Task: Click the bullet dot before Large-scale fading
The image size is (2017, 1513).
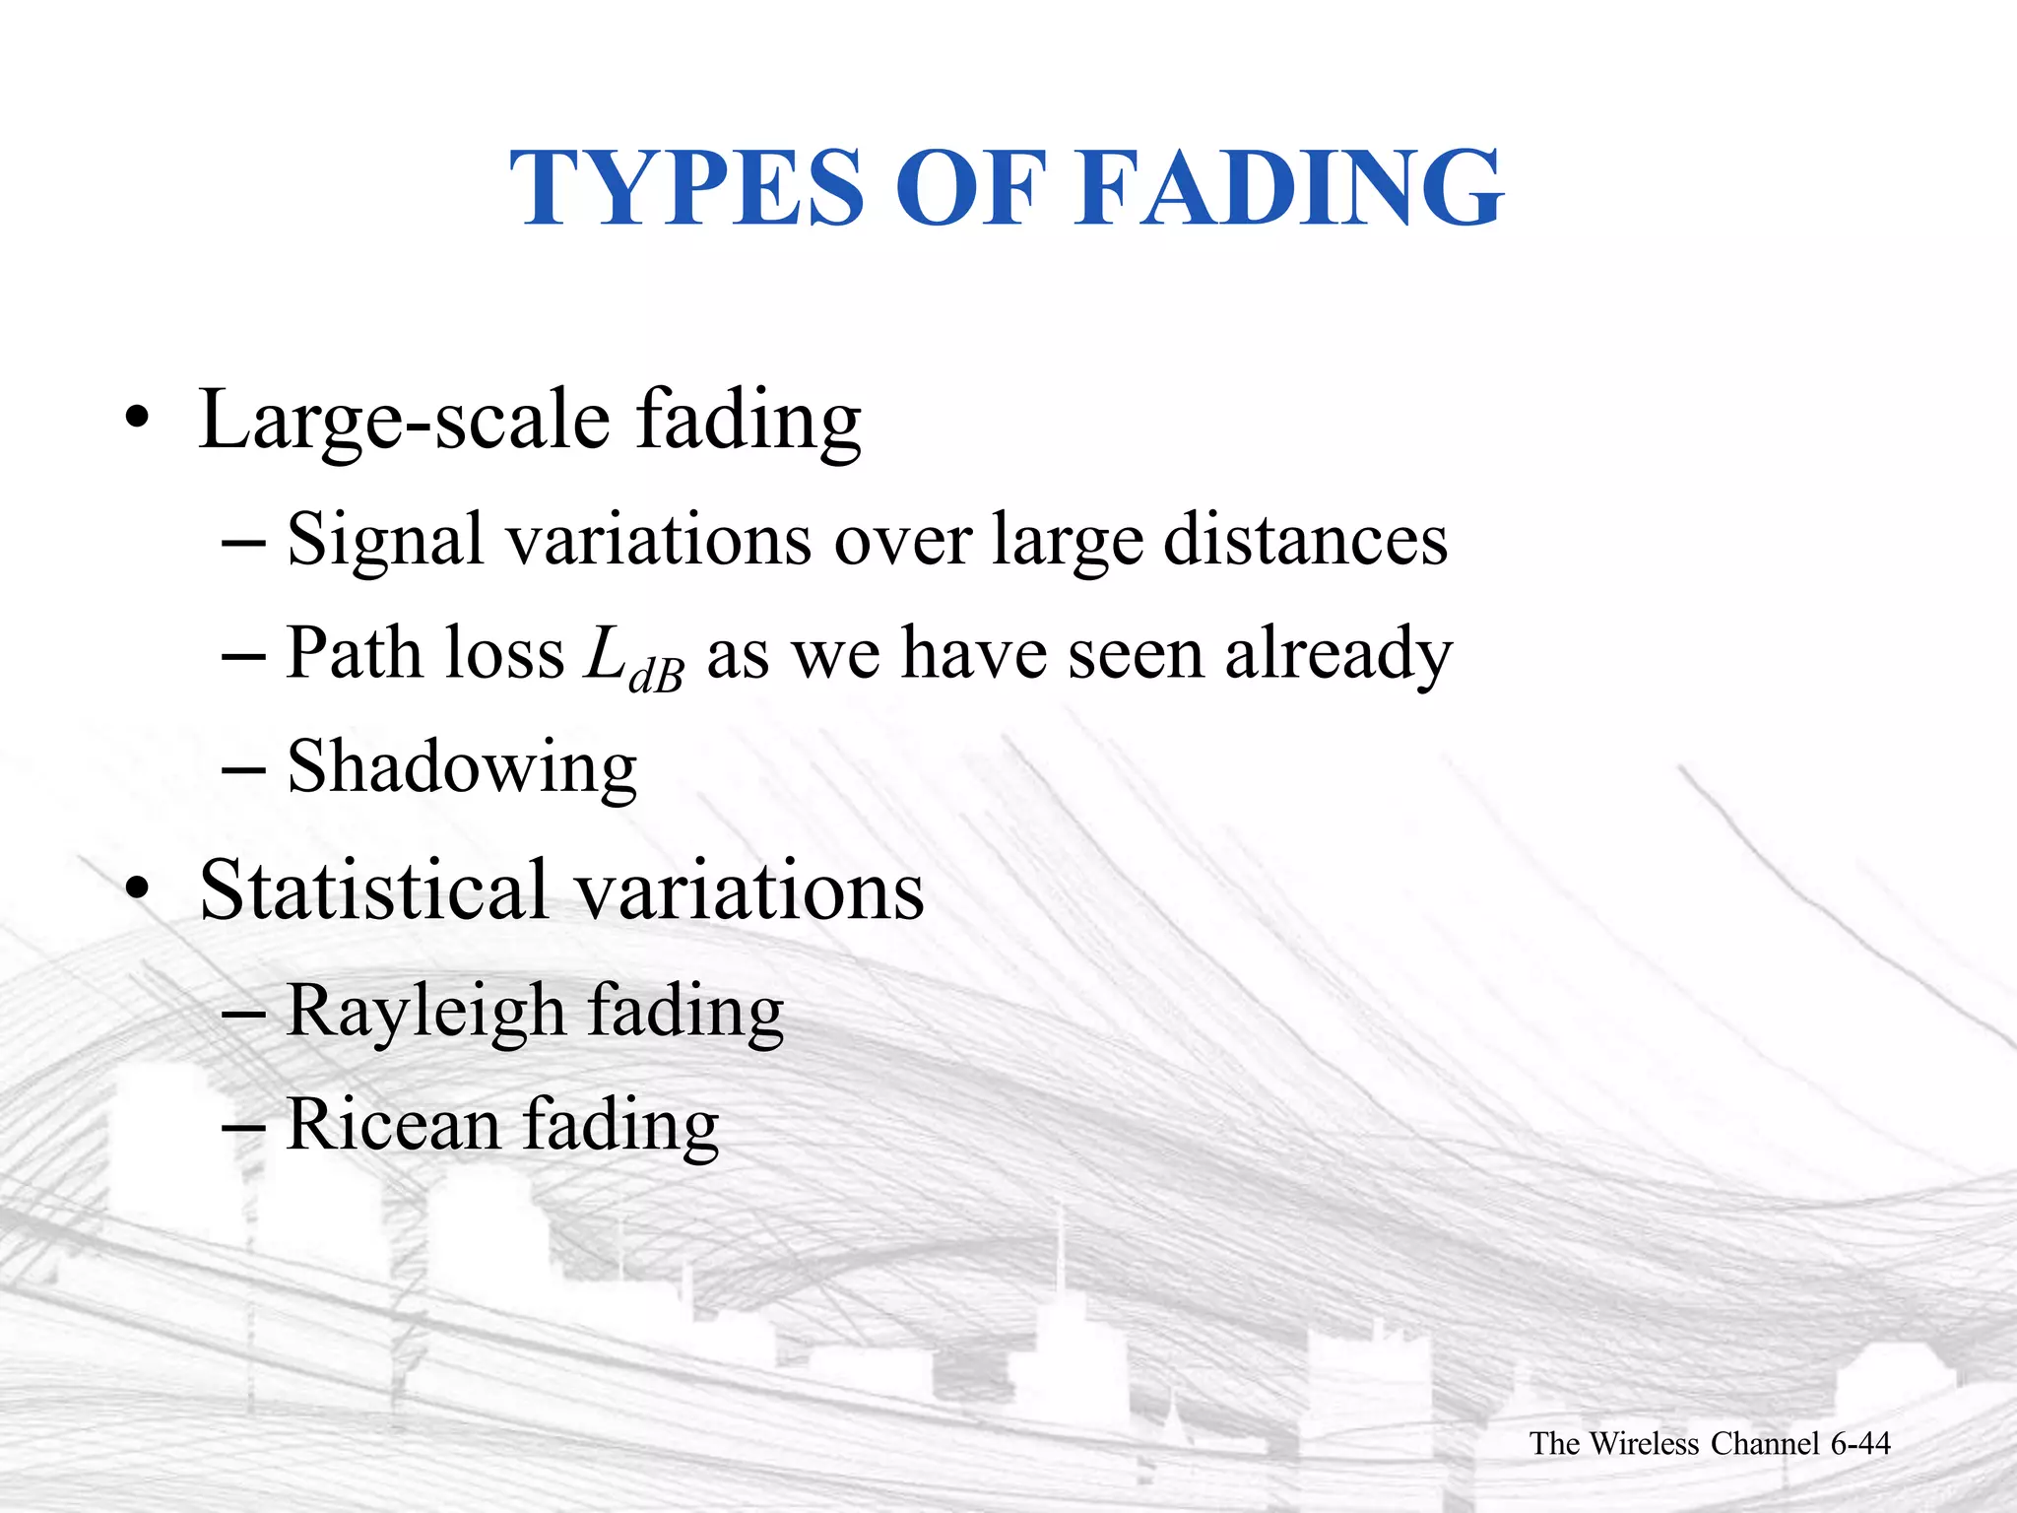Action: pyautogui.click(x=137, y=422)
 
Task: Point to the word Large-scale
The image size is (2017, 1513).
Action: pyautogui.click(x=404, y=422)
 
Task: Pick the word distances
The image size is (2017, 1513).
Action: pyautogui.click(x=1305, y=540)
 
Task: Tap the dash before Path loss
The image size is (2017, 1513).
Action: pyautogui.click(x=243, y=656)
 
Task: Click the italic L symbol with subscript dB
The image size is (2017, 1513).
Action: pyautogui.click(x=630, y=656)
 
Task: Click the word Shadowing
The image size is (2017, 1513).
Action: pyautogui.click(x=461, y=768)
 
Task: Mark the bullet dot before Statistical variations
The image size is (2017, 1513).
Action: pyautogui.click(x=137, y=890)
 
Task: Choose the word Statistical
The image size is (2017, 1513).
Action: pyautogui.click(x=372, y=890)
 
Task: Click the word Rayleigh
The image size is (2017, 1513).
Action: pyautogui.click(x=425, y=1013)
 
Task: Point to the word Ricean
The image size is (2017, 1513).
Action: pyautogui.click(x=392, y=1125)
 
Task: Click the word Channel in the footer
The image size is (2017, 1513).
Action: pyautogui.click(x=1764, y=1444)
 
